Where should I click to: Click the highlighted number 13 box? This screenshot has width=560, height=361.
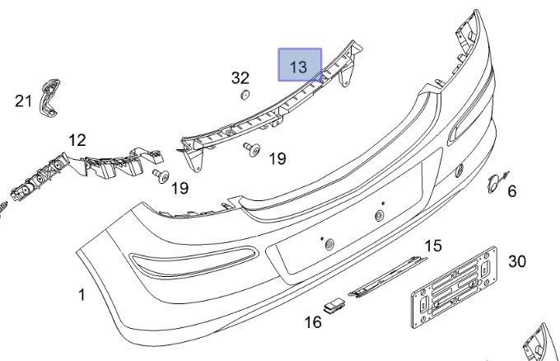point(299,65)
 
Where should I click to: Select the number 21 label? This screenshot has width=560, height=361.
point(23,101)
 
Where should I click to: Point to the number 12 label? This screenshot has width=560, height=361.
point(77,141)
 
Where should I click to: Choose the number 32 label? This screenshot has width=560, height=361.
point(240,78)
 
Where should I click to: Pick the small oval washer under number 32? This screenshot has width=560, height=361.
point(244,96)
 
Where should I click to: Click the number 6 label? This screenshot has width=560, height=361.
point(511,192)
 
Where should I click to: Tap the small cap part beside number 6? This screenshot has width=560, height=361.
point(495,182)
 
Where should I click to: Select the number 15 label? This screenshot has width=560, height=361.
point(433,245)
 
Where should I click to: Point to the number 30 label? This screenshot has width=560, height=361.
point(516,261)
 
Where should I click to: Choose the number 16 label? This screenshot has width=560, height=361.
point(313,322)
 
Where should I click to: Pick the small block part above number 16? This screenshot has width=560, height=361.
point(335,307)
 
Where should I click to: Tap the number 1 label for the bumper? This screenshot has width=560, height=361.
point(82,294)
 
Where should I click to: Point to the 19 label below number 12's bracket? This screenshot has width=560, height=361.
point(180,189)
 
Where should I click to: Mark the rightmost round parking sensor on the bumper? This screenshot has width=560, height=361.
point(460,171)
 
